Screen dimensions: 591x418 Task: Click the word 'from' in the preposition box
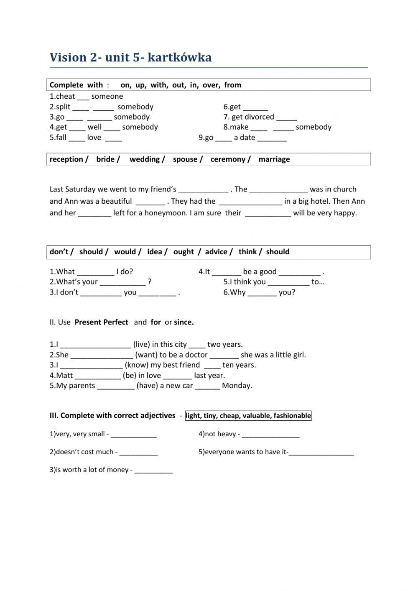click(x=232, y=85)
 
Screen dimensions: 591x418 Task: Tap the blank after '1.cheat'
click(x=83, y=97)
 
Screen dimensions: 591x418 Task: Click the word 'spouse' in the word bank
click(x=185, y=159)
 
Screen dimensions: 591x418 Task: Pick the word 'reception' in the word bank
click(x=66, y=159)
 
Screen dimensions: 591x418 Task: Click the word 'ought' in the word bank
click(x=184, y=252)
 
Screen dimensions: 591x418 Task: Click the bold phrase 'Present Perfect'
click(x=101, y=322)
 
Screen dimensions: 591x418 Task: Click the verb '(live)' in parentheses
click(x=141, y=345)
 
